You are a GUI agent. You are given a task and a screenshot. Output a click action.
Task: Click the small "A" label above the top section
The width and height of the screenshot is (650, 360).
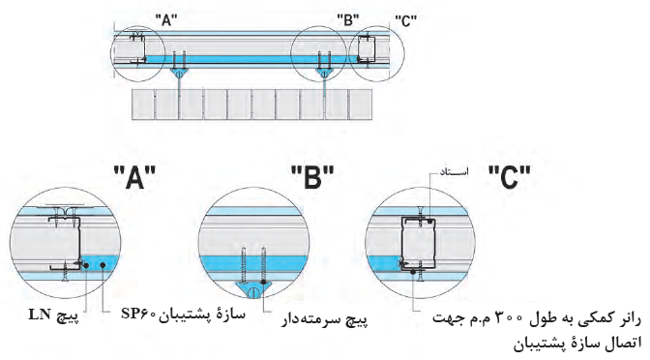166,20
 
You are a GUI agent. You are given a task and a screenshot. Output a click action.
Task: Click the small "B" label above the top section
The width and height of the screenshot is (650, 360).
348,20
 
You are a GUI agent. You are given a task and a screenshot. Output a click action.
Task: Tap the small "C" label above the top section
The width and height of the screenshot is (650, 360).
406,20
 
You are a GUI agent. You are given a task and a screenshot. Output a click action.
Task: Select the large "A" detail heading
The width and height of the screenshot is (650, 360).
134,177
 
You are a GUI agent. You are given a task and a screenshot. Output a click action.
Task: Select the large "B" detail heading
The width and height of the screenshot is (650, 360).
312,177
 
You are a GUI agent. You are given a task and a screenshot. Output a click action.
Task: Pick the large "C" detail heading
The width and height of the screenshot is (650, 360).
510,177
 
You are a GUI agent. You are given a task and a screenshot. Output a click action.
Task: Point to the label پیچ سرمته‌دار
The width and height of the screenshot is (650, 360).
325,319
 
